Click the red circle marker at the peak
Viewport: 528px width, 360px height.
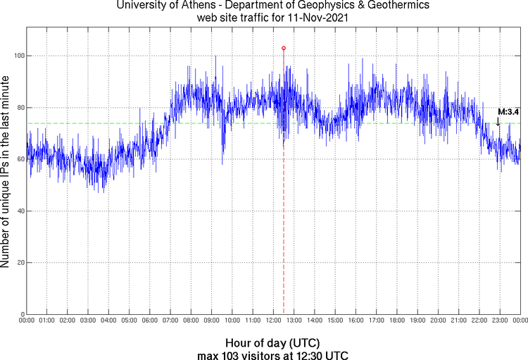pos(284,48)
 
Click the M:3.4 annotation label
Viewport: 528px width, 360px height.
pos(508,111)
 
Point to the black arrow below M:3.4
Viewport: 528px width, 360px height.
pos(498,121)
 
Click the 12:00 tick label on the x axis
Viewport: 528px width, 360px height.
pos(274,321)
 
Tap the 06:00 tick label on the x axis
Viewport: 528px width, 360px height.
pos(150,321)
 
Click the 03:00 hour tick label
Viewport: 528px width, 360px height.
pos(88,321)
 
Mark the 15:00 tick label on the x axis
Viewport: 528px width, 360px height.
pos(335,321)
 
